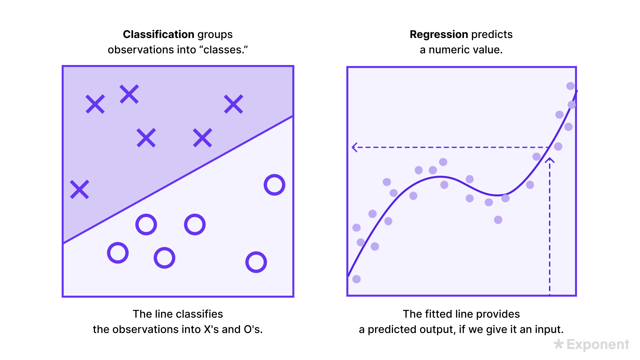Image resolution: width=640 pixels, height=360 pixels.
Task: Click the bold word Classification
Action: click(159, 34)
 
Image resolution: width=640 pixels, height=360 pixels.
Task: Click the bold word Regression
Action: click(439, 34)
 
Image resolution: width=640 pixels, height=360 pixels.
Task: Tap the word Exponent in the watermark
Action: click(598, 344)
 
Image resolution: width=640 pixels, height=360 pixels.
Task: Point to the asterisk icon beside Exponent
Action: click(559, 344)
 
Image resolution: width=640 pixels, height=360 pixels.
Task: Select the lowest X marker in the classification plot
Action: click(80, 189)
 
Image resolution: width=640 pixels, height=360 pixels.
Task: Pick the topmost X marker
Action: click(129, 94)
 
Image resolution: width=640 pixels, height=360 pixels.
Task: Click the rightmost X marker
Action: click(234, 104)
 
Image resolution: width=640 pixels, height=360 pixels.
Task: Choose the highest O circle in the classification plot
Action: click(274, 185)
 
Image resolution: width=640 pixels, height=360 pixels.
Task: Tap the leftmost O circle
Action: click(118, 253)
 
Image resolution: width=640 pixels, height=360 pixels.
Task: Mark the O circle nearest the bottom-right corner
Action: click(256, 262)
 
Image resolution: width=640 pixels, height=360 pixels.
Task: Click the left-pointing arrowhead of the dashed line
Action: click(355, 147)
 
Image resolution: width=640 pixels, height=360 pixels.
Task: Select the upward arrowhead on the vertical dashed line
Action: click(550, 161)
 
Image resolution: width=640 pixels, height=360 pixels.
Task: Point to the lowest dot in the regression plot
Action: click(356, 279)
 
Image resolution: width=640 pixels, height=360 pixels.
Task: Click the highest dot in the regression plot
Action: click(570, 86)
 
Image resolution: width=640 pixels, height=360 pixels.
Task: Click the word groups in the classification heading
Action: click(215, 34)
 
